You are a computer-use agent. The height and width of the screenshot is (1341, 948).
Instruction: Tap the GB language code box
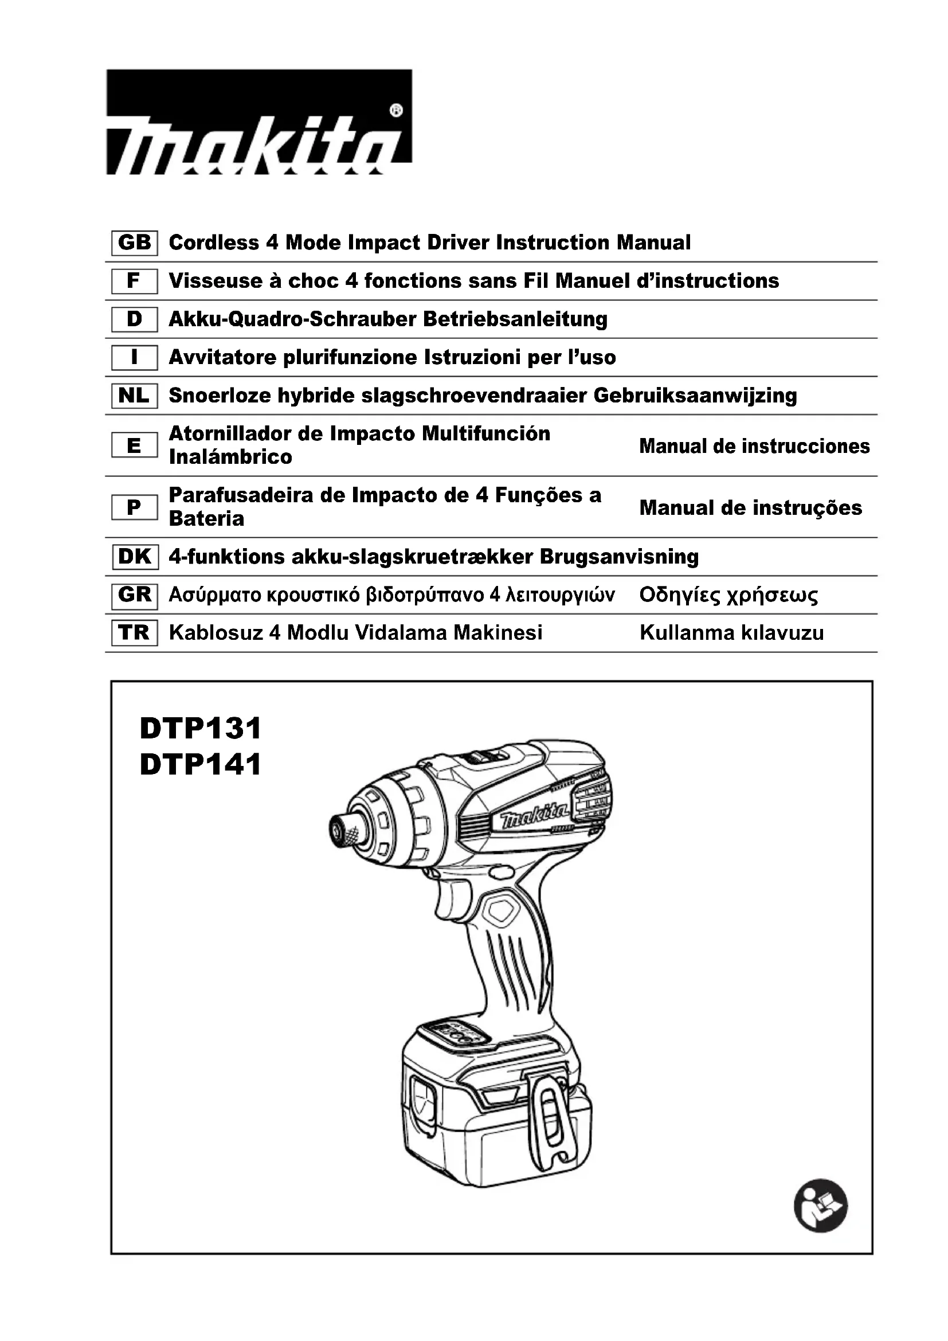(134, 243)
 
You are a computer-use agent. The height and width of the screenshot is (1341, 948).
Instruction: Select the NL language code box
(134, 396)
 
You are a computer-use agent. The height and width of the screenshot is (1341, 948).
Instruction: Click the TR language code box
(134, 632)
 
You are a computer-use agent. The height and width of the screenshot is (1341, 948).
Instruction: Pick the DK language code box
(134, 557)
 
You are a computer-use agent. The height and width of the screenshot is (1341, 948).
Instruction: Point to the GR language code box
(134, 595)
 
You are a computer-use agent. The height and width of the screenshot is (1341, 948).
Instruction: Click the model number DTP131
(200, 728)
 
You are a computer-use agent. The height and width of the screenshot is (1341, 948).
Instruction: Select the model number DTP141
(200, 765)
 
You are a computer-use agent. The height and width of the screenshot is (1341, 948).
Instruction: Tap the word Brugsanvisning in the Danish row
(619, 557)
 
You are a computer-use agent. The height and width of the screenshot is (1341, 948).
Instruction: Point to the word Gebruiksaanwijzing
(695, 396)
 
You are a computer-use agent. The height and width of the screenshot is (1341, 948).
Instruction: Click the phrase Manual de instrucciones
(754, 446)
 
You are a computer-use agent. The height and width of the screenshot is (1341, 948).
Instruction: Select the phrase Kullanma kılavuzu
(731, 632)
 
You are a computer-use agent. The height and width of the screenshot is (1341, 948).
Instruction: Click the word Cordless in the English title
(214, 243)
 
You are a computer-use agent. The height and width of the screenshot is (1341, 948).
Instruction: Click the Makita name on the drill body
(535, 816)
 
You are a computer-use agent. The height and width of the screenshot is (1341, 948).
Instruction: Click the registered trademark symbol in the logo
(395, 111)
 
